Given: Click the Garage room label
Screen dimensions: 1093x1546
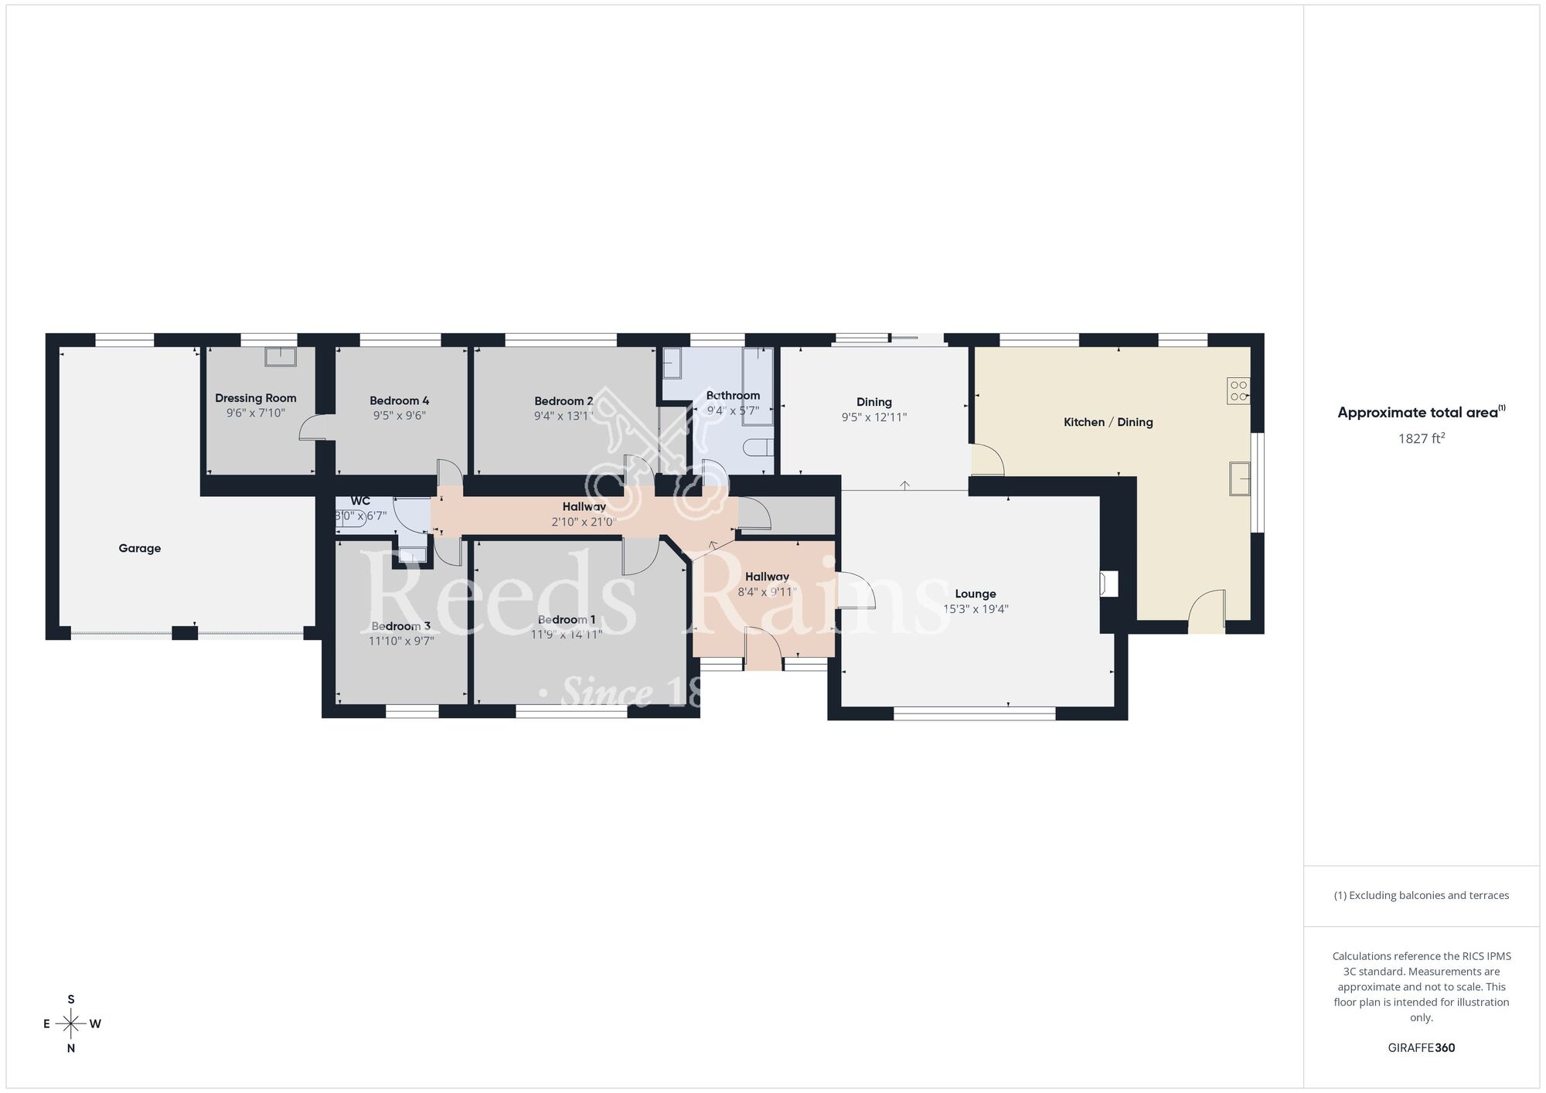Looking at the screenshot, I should (140, 549).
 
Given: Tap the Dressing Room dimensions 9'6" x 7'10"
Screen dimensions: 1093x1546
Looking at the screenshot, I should (255, 414).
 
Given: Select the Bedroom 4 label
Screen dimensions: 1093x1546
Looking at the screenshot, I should (399, 400).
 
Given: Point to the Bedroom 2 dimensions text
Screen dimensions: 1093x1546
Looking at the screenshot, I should (564, 416).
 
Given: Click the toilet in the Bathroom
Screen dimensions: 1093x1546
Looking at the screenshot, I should (758, 448).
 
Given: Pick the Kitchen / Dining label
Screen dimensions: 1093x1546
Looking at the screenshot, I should (1108, 422).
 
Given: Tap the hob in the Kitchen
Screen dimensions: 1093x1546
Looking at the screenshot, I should (1238, 390).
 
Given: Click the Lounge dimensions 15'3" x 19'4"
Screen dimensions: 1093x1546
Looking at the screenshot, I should (976, 609).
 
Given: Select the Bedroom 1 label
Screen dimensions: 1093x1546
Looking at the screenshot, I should (567, 620).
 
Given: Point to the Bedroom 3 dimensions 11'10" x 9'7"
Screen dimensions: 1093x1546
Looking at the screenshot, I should (401, 641).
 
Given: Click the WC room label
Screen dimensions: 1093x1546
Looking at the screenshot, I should (360, 501).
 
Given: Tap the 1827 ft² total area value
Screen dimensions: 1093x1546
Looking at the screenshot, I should (1421, 439).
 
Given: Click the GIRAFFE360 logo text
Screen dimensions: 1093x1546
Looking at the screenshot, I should (1421, 1048).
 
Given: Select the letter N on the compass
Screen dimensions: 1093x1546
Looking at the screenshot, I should (71, 1049).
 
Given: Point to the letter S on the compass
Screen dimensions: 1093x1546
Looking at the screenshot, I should (71, 999).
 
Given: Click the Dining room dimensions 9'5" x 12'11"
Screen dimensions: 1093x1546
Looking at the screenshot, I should (873, 417).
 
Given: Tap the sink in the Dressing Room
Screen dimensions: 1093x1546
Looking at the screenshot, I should (281, 356).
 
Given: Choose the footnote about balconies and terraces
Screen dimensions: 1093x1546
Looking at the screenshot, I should (1421, 896).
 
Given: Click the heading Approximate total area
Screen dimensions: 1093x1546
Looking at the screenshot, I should (1418, 413).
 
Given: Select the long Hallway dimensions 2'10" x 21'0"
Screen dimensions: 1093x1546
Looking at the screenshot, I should (584, 522).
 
